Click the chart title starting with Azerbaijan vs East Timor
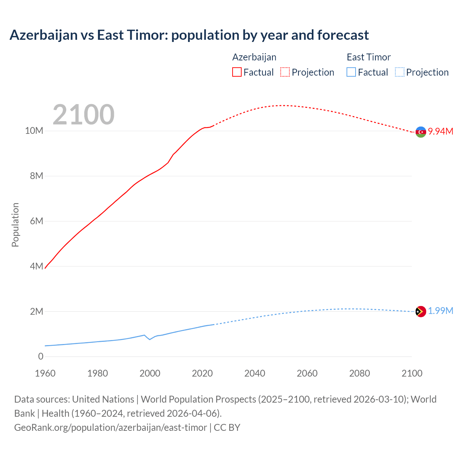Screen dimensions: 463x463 click(189, 35)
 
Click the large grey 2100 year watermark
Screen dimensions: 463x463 click(84, 115)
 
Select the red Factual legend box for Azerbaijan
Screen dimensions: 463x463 click(237, 72)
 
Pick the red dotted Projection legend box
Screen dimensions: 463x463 click(285, 72)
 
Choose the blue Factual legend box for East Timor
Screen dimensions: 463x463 click(351, 72)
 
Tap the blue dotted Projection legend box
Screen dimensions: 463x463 click(399, 72)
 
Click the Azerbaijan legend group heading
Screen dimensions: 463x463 click(254, 57)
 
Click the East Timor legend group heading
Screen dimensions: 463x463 click(369, 57)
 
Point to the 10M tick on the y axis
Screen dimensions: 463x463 click(34, 131)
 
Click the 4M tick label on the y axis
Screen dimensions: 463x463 click(37, 266)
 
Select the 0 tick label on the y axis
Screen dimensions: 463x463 click(41, 356)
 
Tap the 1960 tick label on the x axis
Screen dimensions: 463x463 click(45, 373)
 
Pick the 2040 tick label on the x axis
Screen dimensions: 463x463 click(255, 373)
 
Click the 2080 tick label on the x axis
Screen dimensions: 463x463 click(360, 373)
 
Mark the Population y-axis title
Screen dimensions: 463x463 click(15, 225)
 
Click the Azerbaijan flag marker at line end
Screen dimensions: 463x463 click(421, 132)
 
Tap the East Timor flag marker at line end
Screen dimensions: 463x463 click(421, 311)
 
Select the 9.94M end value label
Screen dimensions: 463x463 click(441, 131)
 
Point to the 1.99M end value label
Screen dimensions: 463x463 click(441, 311)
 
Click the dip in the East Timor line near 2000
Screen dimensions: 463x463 click(150, 339)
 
